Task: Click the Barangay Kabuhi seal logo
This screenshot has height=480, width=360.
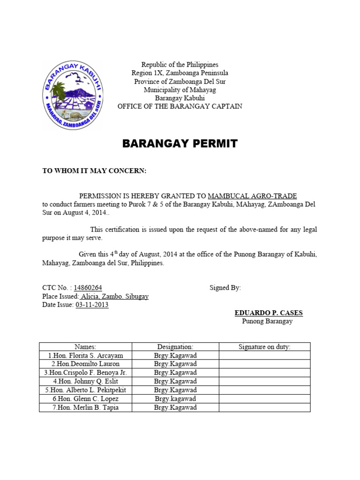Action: click(x=73, y=96)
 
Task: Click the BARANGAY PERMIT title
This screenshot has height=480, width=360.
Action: click(x=180, y=144)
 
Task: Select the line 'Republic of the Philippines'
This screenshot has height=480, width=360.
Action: click(x=180, y=64)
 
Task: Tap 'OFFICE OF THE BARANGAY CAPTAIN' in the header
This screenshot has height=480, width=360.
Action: click(x=180, y=106)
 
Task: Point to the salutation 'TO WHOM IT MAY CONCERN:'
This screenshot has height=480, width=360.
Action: click(x=95, y=171)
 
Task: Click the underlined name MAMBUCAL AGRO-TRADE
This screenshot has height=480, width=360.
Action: click(x=252, y=196)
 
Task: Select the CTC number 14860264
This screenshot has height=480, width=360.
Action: click(x=85, y=288)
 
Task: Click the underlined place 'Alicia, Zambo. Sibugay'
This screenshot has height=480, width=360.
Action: click(x=114, y=297)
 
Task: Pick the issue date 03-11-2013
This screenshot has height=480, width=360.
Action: click(x=92, y=305)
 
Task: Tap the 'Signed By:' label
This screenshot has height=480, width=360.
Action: click(x=225, y=288)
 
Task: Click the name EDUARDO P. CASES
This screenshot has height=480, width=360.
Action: click(x=269, y=313)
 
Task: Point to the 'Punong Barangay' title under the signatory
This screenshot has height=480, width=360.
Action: click(x=267, y=321)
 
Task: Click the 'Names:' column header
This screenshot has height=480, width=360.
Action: click(x=85, y=347)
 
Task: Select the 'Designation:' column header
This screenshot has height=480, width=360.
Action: click(x=175, y=347)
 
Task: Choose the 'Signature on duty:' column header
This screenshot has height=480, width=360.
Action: click(x=264, y=347)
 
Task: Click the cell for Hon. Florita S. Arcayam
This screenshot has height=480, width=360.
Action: click(x=85, y=355)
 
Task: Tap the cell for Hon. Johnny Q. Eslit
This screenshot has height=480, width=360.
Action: click(x=85, y=382)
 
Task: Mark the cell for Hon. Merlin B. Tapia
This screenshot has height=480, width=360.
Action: click(x=85, y=407)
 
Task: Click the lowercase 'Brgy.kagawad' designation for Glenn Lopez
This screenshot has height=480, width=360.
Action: click(x=175, y=399)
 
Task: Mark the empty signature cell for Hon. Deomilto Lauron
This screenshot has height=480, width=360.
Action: click(x=264, y=364)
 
